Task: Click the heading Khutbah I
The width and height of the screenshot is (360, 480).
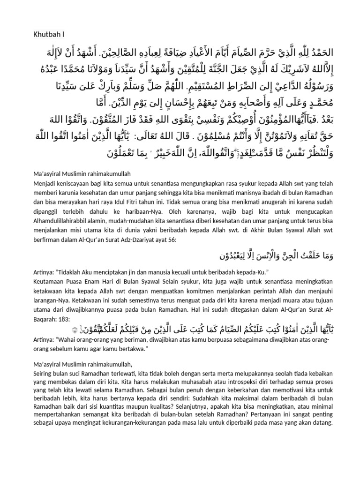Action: pyautogui.click(x=48, y=34)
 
